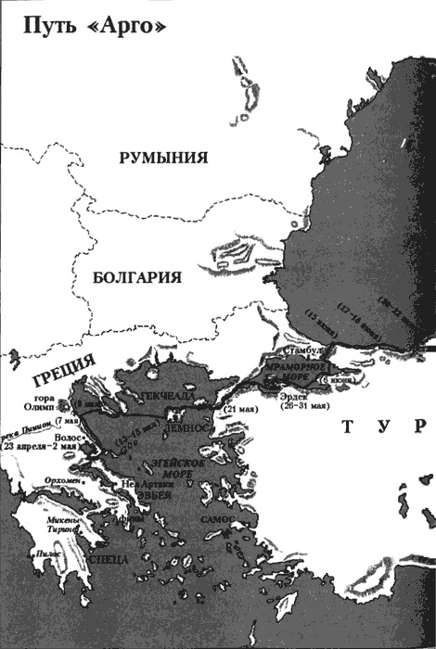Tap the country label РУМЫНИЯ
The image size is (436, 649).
click(x=162, y=159)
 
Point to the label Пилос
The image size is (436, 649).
click(x=41, y=554)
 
